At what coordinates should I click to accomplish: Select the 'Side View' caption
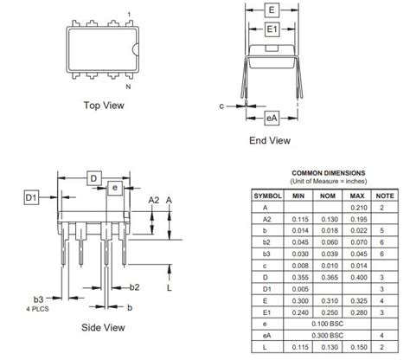tap(105, 327)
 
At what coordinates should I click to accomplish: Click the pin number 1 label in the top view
tap(129, 15)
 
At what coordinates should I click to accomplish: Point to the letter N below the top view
tap(128, 86)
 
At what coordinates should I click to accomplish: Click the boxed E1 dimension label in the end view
tap(272, 29)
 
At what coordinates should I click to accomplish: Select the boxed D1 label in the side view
tap(31, 198)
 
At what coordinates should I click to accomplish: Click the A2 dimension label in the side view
tap(153, 200)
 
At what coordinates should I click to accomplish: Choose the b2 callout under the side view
tap(134, 286)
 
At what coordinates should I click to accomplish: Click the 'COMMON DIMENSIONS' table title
tap(328, 172)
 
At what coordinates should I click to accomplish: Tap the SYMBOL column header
tap(266, 196)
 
